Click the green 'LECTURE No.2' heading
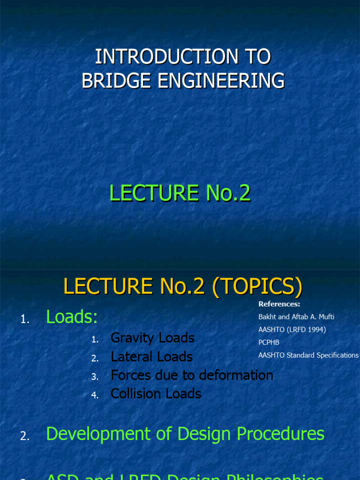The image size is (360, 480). coord(180,193)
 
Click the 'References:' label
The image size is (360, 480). coord(279,304)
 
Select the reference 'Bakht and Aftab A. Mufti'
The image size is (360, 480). coord(296,317)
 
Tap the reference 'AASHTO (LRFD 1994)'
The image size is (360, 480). coord(292,330)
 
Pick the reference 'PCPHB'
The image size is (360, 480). coord(269,342)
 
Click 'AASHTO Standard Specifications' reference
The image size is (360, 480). coord(308,355)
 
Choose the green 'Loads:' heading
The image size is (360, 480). coord(72,317)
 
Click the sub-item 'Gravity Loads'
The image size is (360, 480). coord(152,338)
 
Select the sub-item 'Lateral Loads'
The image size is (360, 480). coord(151,357)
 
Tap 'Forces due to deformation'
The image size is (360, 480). coord(192,375)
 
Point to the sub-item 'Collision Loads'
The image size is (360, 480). coord(156,394)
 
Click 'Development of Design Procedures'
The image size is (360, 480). coord(185,434)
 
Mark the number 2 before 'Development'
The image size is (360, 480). coord(24,436)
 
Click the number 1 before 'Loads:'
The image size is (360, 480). coord(24,320)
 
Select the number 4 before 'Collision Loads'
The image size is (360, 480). coord(95,395)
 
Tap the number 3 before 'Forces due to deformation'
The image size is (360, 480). coord(95,377)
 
